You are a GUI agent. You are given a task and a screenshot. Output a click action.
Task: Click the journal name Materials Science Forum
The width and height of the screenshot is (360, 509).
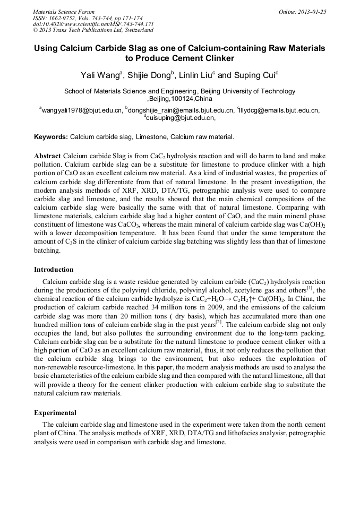64,12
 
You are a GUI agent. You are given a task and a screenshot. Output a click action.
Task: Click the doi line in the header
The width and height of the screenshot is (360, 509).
93,24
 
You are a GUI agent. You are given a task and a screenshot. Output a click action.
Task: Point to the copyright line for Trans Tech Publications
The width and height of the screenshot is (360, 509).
93,30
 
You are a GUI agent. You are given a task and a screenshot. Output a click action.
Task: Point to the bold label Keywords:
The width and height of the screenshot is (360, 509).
51,137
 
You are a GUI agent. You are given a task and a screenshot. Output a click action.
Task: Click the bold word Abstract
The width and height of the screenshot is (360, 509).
47,157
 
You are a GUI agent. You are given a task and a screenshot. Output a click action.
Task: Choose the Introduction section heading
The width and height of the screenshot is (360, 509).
54,270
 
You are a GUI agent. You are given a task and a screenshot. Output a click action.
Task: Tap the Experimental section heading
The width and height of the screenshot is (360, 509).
55,412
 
